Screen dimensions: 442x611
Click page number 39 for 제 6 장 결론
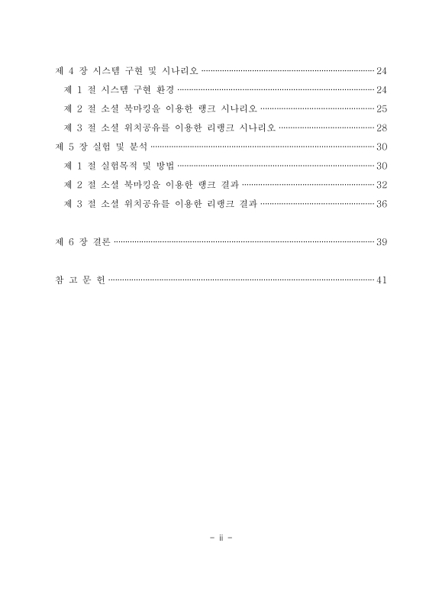[382, 242]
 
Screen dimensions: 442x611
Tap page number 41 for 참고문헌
[382, 280]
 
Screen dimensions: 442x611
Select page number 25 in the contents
[382, 108]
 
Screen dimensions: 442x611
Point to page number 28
[382, 127]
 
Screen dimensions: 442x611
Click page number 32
[382, 184]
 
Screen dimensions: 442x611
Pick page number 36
[382, 203]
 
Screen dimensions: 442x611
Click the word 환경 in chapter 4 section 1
[163, 89]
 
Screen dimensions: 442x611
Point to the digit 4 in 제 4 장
[71, 71]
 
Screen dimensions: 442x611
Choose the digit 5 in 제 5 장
[71, 147]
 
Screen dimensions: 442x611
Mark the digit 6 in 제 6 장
[71, 242]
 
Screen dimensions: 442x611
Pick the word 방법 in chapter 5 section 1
[164, 166]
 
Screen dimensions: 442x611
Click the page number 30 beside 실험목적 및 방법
[382, 166]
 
